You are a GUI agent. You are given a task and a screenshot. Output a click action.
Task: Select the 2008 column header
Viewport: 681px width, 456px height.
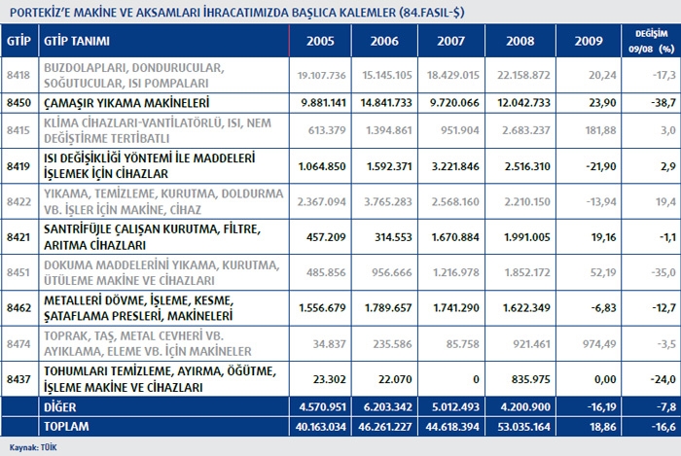click(x=513, y=42)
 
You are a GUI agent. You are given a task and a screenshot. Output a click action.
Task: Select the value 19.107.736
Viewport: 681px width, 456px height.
click(x=321, y=75)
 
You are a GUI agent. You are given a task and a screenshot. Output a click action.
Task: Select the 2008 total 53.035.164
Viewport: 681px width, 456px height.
click(x=513, y=425)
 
